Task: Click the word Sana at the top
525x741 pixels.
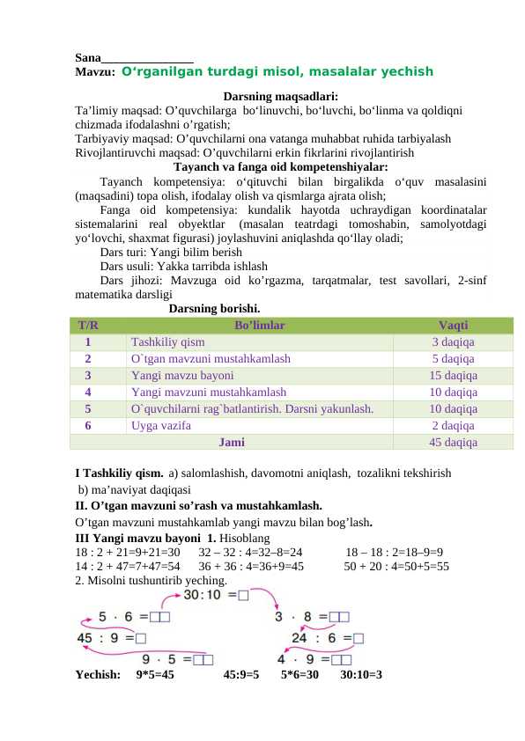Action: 88,57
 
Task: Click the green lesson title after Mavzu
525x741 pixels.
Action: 277,72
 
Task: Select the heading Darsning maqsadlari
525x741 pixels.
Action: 281,96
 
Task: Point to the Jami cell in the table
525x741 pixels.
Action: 232,443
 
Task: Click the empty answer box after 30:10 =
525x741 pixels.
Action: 243,596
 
